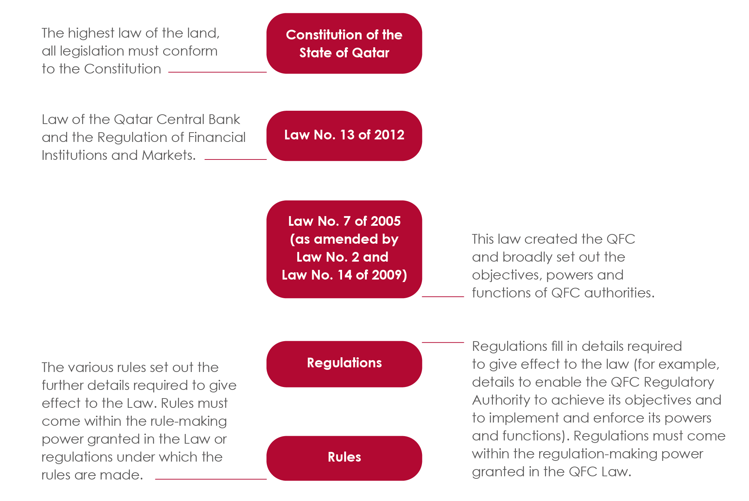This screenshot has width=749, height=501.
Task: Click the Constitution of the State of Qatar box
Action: point(344,44)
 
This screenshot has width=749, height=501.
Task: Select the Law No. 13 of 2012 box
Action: point(344,136)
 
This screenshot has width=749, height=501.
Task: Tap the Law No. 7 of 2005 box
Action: point(344,249)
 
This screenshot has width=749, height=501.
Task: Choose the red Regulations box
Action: point(344,364)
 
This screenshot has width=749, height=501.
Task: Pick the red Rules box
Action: point(344,458)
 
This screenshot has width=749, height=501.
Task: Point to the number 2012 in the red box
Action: point(389,135)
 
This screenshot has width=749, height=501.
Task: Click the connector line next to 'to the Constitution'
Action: point(217,72)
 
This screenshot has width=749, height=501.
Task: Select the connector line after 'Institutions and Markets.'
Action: point(236,159)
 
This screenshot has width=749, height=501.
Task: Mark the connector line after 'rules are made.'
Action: point(210,479)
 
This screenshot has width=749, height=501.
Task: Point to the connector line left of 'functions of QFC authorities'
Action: point(443,296)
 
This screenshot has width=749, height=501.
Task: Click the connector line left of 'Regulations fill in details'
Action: point(443,342)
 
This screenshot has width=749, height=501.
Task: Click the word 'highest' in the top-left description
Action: point(91,33)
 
